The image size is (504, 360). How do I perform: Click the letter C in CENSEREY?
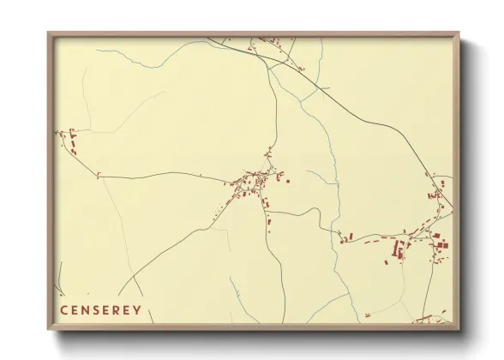tap(63, 310)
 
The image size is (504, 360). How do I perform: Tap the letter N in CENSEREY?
tap(87, 310)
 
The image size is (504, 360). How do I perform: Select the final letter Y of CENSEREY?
tap(137, 310)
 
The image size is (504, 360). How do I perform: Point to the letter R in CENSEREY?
tap(117, 310)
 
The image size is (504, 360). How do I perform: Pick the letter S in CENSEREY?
tap(97, 310)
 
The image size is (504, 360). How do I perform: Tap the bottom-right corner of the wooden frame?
tap(459, 328)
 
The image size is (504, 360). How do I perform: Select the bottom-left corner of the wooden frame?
tap(49, 328)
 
